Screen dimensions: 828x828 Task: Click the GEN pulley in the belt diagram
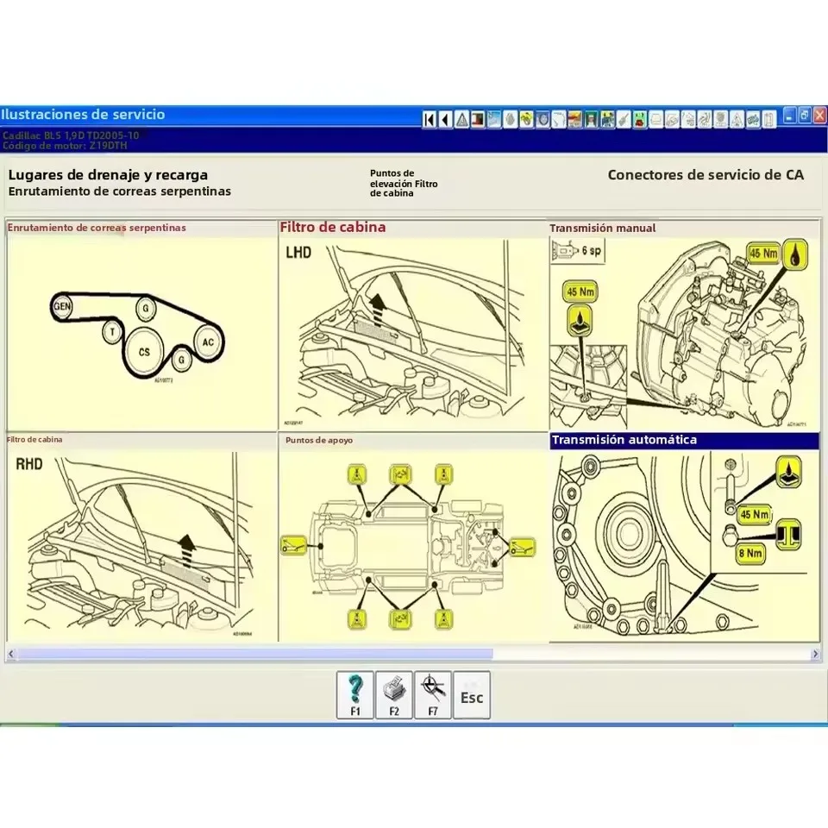(62, 306)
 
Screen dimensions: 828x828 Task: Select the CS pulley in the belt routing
(144, 352)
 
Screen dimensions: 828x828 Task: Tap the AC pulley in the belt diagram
(207, 342)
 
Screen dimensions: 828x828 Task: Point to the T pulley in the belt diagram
(111, 331)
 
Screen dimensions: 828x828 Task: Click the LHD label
(298, 252)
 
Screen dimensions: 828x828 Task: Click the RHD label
(29, 464)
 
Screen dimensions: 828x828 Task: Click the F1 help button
(354, 694)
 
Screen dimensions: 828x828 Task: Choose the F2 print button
(394, 694)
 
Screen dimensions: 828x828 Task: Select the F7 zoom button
(433, 694)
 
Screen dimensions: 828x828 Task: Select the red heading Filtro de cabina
(332, 228)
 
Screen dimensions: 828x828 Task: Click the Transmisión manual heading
(602, 229)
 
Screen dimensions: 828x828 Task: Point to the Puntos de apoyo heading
(318, 441)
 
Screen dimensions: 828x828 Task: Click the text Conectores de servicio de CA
(705, 174)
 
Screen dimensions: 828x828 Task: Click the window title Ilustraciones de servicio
(83, 115)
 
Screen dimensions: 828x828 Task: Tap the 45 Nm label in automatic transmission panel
(754, 515)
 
